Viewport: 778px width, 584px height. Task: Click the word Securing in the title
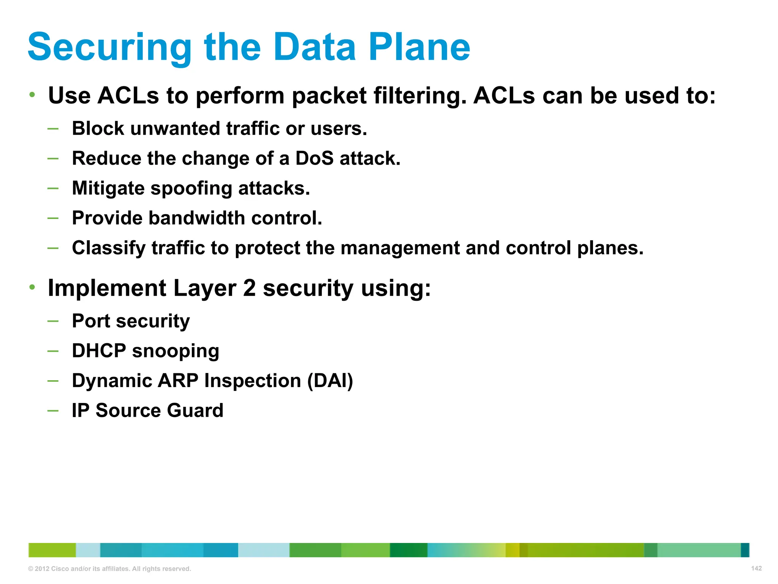coord(109,48)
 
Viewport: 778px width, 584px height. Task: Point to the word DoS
coord(315,158)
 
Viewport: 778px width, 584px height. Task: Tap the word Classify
coord(109,248)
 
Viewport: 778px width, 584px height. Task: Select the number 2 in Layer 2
coord(249,288)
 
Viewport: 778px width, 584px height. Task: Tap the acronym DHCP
coord(99,351)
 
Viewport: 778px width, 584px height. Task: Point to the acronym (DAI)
coord(330,381)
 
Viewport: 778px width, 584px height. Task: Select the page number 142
coord(756,568)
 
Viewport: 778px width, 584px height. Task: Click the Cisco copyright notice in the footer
coord(109,569)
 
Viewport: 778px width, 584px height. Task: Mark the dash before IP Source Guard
coord(53,411)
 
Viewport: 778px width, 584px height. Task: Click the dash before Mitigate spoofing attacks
coord(53,188)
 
